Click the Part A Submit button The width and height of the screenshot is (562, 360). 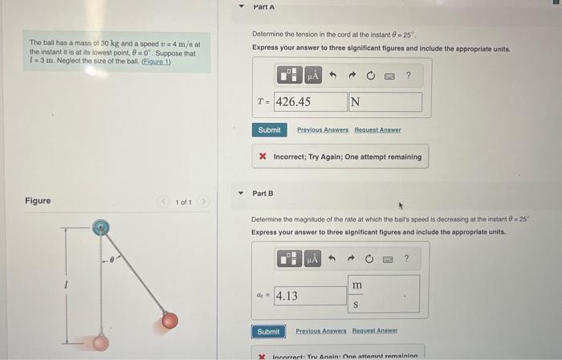pos(269,130)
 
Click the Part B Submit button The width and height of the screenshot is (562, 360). pos(268,331)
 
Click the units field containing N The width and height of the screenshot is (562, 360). pos(385,102)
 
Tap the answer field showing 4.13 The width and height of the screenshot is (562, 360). pos(309,296)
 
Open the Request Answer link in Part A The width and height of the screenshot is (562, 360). pos(377,130)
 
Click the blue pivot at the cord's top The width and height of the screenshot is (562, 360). pos(99,228)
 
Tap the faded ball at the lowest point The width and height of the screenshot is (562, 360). pos(99,344)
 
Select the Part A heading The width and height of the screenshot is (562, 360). pos(263,7)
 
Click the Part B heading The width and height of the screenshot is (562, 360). pos(263,194)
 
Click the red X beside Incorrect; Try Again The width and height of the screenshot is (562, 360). pos(263,157)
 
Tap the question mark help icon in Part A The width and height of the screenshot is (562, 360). pos(409,76)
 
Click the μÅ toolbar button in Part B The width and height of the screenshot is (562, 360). pos(312,259)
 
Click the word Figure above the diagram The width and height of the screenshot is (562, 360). pos(38,201)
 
